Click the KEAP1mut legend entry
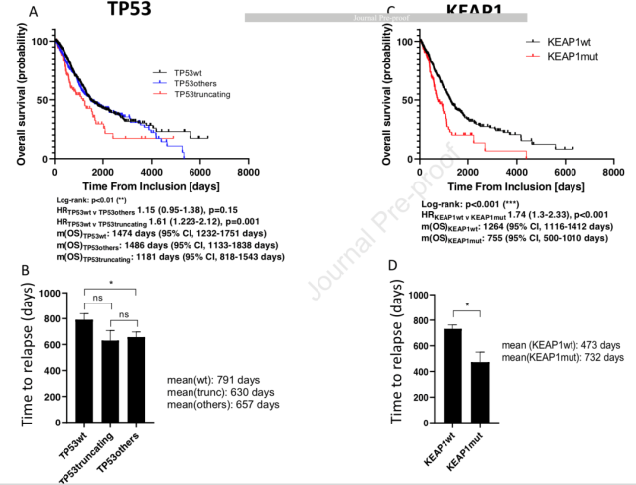(566, 59)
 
